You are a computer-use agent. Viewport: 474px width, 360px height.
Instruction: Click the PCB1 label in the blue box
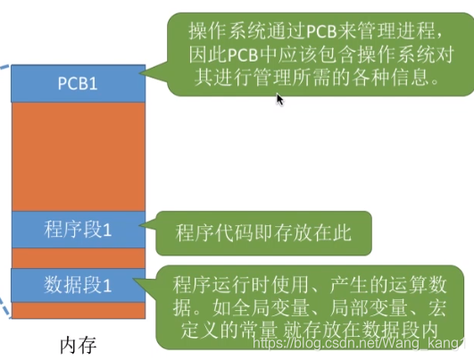point(78,83)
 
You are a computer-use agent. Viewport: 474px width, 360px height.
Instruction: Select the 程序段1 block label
point(78,229)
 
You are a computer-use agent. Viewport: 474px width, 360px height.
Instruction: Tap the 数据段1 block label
point(78,285)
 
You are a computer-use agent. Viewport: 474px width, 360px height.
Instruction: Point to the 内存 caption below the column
point(79,345)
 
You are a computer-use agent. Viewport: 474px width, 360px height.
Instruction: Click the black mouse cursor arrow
point(280,99)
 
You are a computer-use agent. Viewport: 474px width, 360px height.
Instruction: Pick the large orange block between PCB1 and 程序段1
point(79,156)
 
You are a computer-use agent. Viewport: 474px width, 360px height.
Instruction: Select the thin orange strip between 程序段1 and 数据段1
point(79,258)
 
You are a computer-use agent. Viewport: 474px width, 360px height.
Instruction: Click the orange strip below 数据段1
point(79,310)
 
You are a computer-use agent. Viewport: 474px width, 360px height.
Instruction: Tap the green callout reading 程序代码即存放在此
point(263,233)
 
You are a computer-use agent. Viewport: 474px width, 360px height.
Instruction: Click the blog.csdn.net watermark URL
point(360,343)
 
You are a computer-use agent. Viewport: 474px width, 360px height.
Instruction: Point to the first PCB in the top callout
point(322,31)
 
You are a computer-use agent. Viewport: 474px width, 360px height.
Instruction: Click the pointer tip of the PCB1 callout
point(139,72)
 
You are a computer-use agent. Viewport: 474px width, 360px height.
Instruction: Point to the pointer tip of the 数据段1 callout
point(133,280)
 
